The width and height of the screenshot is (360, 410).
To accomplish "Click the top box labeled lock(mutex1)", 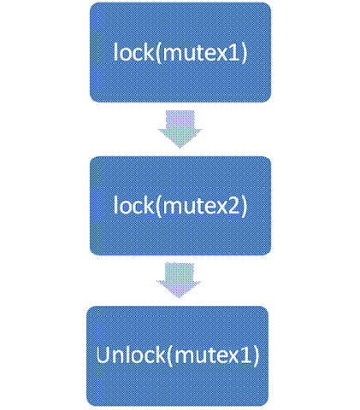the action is [180, 52].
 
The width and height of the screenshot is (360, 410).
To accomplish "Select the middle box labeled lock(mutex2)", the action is [180, 206].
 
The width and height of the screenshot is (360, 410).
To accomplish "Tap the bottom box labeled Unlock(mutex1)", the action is [177, 356].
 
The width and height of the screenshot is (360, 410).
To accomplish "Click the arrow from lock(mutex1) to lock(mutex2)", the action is [180, 129].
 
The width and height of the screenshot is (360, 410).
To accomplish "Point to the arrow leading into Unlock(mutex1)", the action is [179, 280].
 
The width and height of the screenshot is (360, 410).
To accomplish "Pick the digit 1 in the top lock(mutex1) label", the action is [233, 53].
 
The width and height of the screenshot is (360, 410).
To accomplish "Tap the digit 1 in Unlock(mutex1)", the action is [245, 355].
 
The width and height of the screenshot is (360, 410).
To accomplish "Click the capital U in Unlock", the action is [103, 354].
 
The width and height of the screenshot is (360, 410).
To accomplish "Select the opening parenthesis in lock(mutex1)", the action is [158, 53].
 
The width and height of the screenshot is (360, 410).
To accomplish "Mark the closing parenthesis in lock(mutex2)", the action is [243, 206].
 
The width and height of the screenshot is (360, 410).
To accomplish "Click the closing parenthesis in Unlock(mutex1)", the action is [256, 355].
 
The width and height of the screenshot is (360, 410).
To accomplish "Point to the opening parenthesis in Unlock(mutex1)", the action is [170, 355].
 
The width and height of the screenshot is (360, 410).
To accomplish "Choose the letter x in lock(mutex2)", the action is [219, 208].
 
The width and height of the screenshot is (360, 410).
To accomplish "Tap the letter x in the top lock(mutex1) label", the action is [220, 55].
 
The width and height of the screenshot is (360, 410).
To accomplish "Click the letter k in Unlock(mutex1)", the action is [161, 354].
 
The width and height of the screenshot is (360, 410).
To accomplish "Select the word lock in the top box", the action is [134, 51].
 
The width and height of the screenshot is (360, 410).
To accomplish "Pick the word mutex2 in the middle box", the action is [200, 206].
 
